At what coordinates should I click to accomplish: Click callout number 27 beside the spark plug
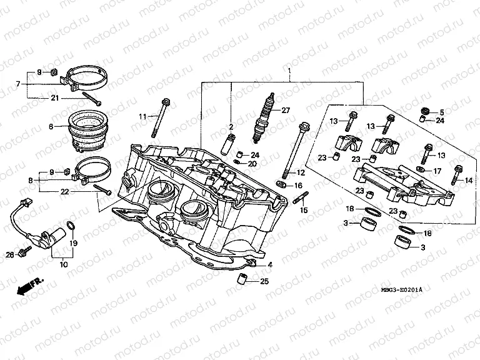coord(286,111)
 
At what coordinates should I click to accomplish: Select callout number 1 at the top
coord(289,73)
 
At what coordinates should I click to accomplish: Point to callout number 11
coord(142,117)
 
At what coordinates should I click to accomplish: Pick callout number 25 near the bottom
coord(264,282)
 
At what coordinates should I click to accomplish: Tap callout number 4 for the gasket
coord(270,264)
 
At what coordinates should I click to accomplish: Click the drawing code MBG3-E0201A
coord(401,290)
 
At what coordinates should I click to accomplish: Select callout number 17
coord(436,171)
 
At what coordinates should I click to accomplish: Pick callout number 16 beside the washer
coord(297,186)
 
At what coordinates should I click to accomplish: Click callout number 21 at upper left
coord(54,98)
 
